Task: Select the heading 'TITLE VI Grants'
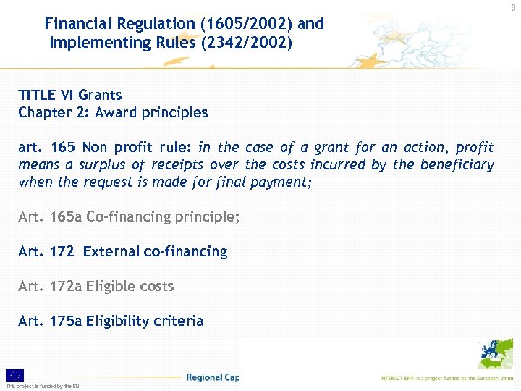click(x=70, y=95)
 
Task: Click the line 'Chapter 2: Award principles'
click(x=113, y=113)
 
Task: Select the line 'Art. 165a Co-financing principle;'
click(x=129, y=216)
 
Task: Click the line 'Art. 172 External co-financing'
click(x=123, y=251)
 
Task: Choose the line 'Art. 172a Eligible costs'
click(x=96, y=286)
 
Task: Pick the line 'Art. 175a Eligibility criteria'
click(x=111, y=321)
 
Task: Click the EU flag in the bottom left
click(x=14, y=375)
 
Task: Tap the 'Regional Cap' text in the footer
click(x=212, y=377)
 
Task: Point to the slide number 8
click(x=513, y=6)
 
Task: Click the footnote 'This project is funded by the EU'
click(x=43, y=387)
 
